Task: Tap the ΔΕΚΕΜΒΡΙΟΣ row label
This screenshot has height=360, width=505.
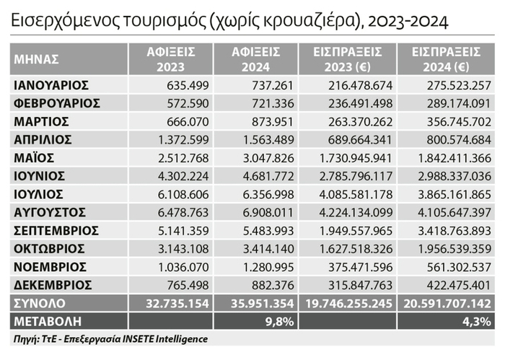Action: [53, 284]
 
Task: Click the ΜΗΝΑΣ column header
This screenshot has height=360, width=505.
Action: [37, 60]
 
